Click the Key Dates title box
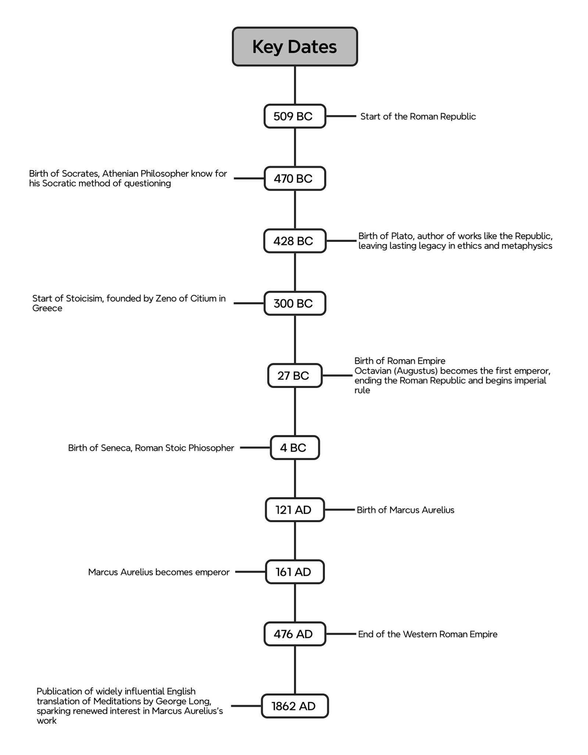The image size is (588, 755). (294, 47)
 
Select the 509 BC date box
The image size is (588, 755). (294, 116)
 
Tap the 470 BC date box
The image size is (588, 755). (294, 179)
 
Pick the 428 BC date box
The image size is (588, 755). (294, 241)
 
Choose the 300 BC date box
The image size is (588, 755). (294, 303)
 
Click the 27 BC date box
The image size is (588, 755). (294, 375)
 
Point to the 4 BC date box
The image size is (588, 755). (294, 447)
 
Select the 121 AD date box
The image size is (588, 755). (294, 510)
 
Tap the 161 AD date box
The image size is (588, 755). (294, 572)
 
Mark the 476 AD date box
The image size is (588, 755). (294, 634)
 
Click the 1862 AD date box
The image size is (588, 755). (294, 706)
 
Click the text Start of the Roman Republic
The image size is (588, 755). (418, 116)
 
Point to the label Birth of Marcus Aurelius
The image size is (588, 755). (405, 510)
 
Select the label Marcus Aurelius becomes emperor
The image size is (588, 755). (159, 572)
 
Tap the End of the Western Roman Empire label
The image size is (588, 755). (427, 634)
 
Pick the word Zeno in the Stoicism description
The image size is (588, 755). (166, 298)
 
